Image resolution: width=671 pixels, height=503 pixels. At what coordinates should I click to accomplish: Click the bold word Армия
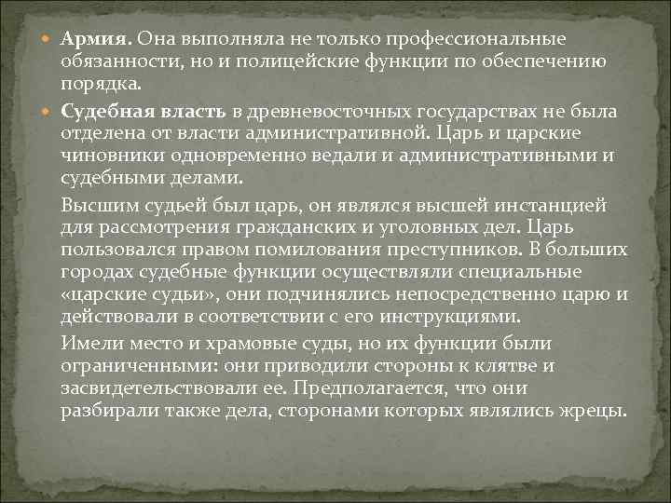(98, 41)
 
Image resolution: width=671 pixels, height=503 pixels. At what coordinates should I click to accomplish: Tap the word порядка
(103, 85)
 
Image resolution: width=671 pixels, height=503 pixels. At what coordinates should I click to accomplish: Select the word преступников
(444, 250)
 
